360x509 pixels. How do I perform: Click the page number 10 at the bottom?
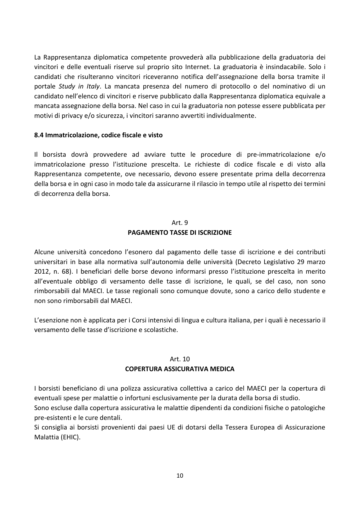[180, 476]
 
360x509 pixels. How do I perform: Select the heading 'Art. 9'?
[180, 223]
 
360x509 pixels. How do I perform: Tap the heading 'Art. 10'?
[180, 359]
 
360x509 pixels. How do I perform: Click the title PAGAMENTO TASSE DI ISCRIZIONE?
[180, 232]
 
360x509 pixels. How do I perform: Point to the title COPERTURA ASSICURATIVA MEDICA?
[180, 369]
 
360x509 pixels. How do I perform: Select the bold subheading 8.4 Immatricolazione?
[98, 135]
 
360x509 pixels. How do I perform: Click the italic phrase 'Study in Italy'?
[79, 86]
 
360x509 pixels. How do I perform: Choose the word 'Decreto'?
[249, 262]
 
